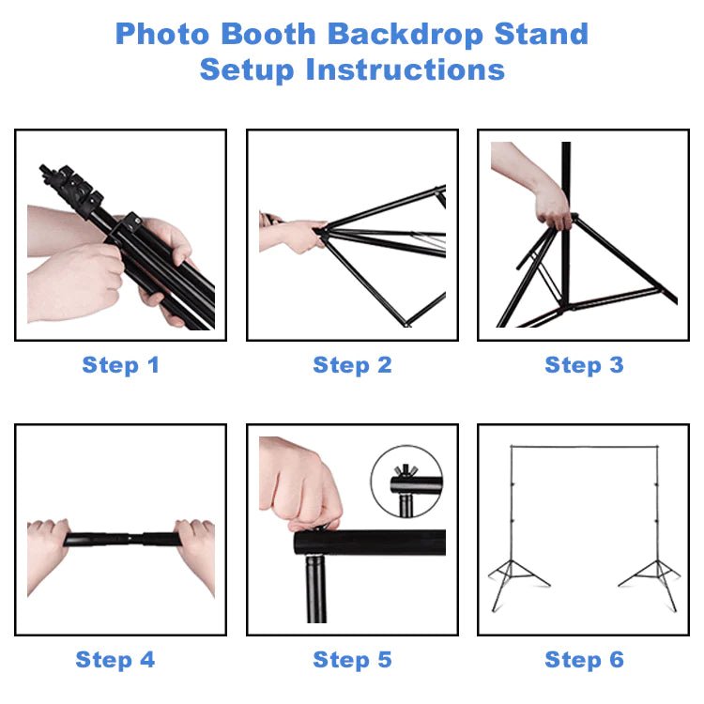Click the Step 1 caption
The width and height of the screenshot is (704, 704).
(x=120, y=365)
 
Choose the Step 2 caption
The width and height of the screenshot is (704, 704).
(x=352, y=365)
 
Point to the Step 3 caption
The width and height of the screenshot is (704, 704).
(x=584, y=365)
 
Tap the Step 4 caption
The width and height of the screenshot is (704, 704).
(x=115, y=660)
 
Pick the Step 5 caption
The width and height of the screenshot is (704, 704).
(x=352, y=660)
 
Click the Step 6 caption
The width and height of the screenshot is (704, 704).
(x=584, y=660)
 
